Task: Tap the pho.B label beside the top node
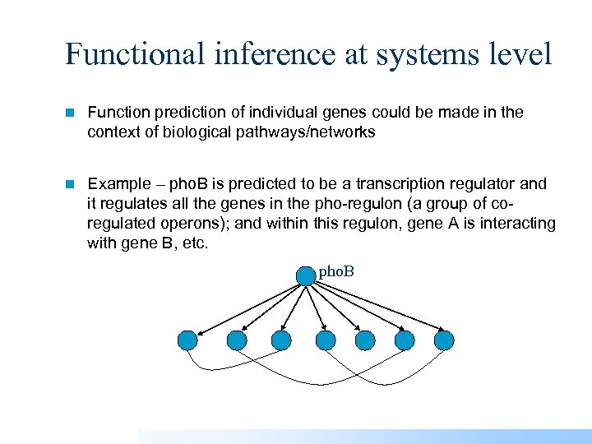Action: coord(336,271)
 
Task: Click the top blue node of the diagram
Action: coord(306,275)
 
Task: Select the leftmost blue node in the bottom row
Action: coord(187,340)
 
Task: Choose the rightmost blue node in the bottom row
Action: coord(444,340)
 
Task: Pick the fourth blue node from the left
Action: coord(326,340)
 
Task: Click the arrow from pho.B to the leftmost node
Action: coord(247,308)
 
